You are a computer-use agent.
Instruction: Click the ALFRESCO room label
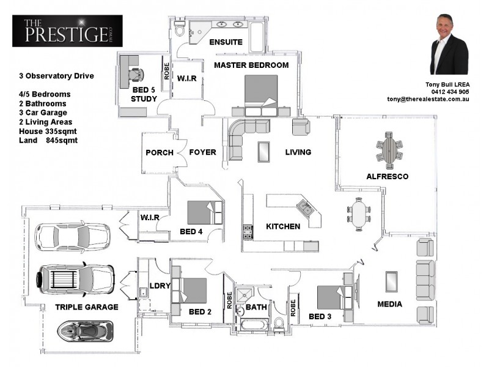pyautogui.click(x=387, y=176)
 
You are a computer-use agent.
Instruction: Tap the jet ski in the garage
pyautogui.click(x=84, y=332)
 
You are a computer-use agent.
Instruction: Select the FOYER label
pyautogui.click(x=202, y=152)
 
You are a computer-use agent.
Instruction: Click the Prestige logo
pyautogui.click(x=67, y=31)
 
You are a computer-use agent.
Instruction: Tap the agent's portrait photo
pyautogui.click(x=449, y=45)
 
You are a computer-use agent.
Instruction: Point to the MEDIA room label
pyautogui.click(x=389, y=304)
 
